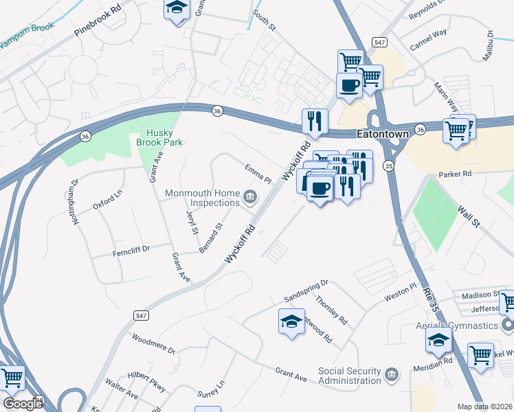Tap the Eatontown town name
pos(382,135)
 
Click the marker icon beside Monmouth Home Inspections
pos(250,200)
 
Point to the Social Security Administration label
pos(349,376)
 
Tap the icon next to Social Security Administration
pos(392,374)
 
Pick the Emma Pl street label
pos(258,173)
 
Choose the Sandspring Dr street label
pos(306,291)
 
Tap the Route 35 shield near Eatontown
pos(389,166)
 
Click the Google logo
pos(23,404)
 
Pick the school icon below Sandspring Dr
pos(291,321)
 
